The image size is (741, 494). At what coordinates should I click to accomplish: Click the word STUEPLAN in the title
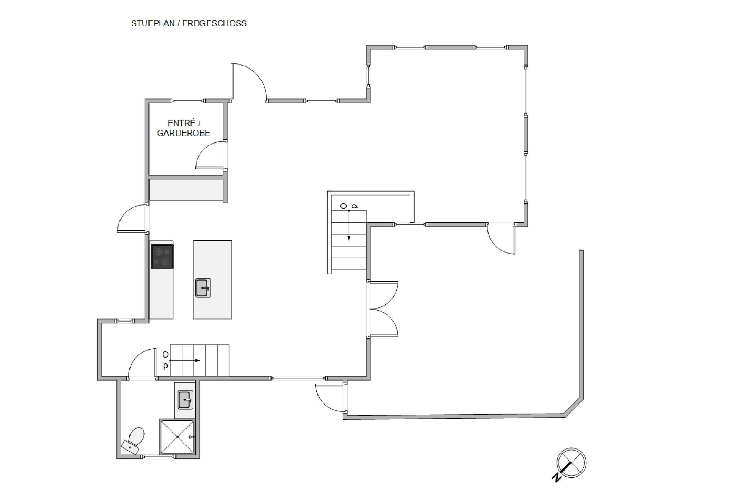click(x=153, y=23)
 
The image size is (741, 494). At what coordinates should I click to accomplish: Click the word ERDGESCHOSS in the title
click(x=215, y=23)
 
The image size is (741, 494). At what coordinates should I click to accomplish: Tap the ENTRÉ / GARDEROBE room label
click(x=184, y=128)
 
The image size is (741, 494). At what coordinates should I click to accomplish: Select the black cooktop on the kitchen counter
click(x=162, y=257)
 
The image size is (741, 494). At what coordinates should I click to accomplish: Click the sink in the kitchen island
click(x=203, y=288)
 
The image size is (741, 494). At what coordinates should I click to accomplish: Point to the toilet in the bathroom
click(x=134, y=440)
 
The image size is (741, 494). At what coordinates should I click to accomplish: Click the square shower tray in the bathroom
click(x=177, y=437)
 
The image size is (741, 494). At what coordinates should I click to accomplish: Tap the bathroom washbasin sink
click(x=185, y=400)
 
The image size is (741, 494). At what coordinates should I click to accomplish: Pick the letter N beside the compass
click(x=556, y=477)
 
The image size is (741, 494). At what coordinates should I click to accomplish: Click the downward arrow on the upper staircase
click(x=349, y=225)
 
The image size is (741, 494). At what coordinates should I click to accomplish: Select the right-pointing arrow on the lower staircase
click(x=185, y=360)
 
